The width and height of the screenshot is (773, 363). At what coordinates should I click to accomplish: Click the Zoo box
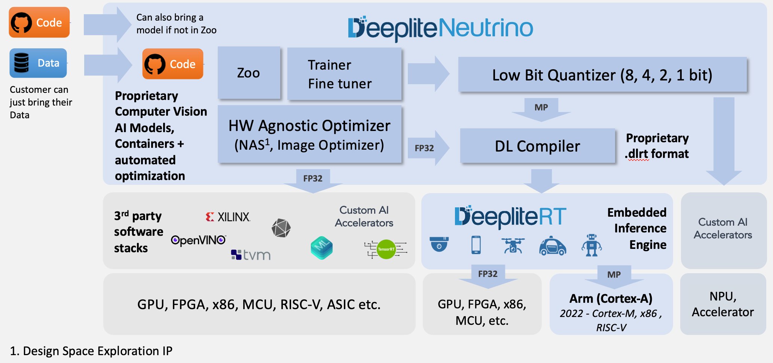[x=249, y=73]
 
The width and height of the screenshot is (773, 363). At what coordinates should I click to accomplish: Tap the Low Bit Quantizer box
[x=602, y=75]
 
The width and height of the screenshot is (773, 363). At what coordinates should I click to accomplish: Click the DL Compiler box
[x=537, y=146]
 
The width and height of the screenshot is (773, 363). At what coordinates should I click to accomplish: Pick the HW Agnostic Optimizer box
[x=309, y=135]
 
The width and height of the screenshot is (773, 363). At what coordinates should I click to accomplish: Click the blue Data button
[x=38, y=63]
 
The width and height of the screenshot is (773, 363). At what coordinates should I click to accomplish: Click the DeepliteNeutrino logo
[x=440, y=28]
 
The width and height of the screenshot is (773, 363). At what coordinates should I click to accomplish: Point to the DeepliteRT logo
[x=510, y=217]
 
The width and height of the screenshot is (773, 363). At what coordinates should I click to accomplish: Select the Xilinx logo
[x=228, y=217]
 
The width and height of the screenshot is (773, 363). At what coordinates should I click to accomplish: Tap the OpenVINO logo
[x=198, y=240]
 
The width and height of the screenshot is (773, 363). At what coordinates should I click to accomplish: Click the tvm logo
[x=251, y=255]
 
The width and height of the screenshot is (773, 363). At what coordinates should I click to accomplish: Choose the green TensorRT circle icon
[x=386, y=249]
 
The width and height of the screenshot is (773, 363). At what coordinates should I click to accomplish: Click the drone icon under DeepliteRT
[x=513, y=246]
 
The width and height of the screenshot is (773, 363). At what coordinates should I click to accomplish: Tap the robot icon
[x=591, y=245]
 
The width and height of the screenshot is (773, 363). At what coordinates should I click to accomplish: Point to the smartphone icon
[x=476, y=245]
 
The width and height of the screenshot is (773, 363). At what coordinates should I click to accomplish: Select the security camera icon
[x=439, y=244]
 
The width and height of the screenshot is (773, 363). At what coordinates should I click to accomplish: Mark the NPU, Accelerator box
[x=723, y=304]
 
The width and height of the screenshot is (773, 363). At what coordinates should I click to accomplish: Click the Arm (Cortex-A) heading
[x=611, y=298]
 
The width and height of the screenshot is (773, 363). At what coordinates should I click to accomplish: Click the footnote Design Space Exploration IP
[x=91, y=351]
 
